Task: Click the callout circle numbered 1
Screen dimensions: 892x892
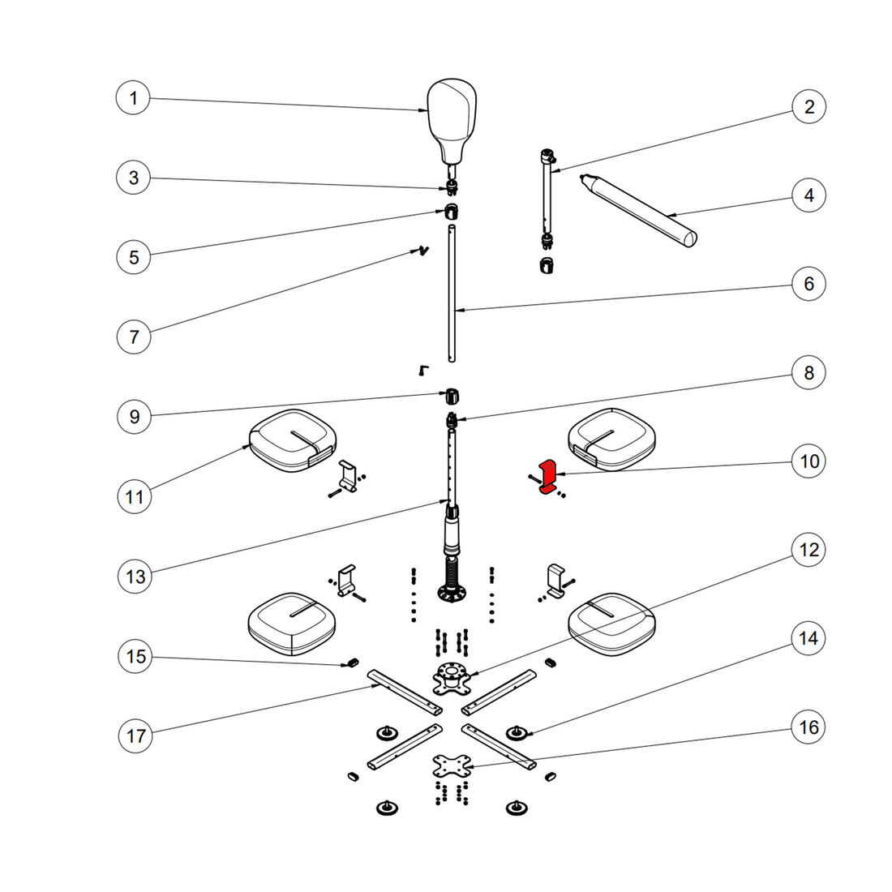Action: pos(134,99)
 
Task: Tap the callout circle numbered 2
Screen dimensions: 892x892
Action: pos(808,106)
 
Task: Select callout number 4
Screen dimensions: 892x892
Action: pos(808,195)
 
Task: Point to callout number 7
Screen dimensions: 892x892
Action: pos(134,336)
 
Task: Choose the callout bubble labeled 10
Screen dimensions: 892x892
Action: pos(808,461)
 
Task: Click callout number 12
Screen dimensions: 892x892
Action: pos(808,550)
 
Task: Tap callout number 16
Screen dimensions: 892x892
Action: pos(808,727)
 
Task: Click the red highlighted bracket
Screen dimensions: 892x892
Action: pos(548,476)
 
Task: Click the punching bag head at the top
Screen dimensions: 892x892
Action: pos(452,118)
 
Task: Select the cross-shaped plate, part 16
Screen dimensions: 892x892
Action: pos(452,765)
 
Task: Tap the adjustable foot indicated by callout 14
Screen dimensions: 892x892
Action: pos(514,734)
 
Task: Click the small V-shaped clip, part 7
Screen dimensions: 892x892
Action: pos(421,251)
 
